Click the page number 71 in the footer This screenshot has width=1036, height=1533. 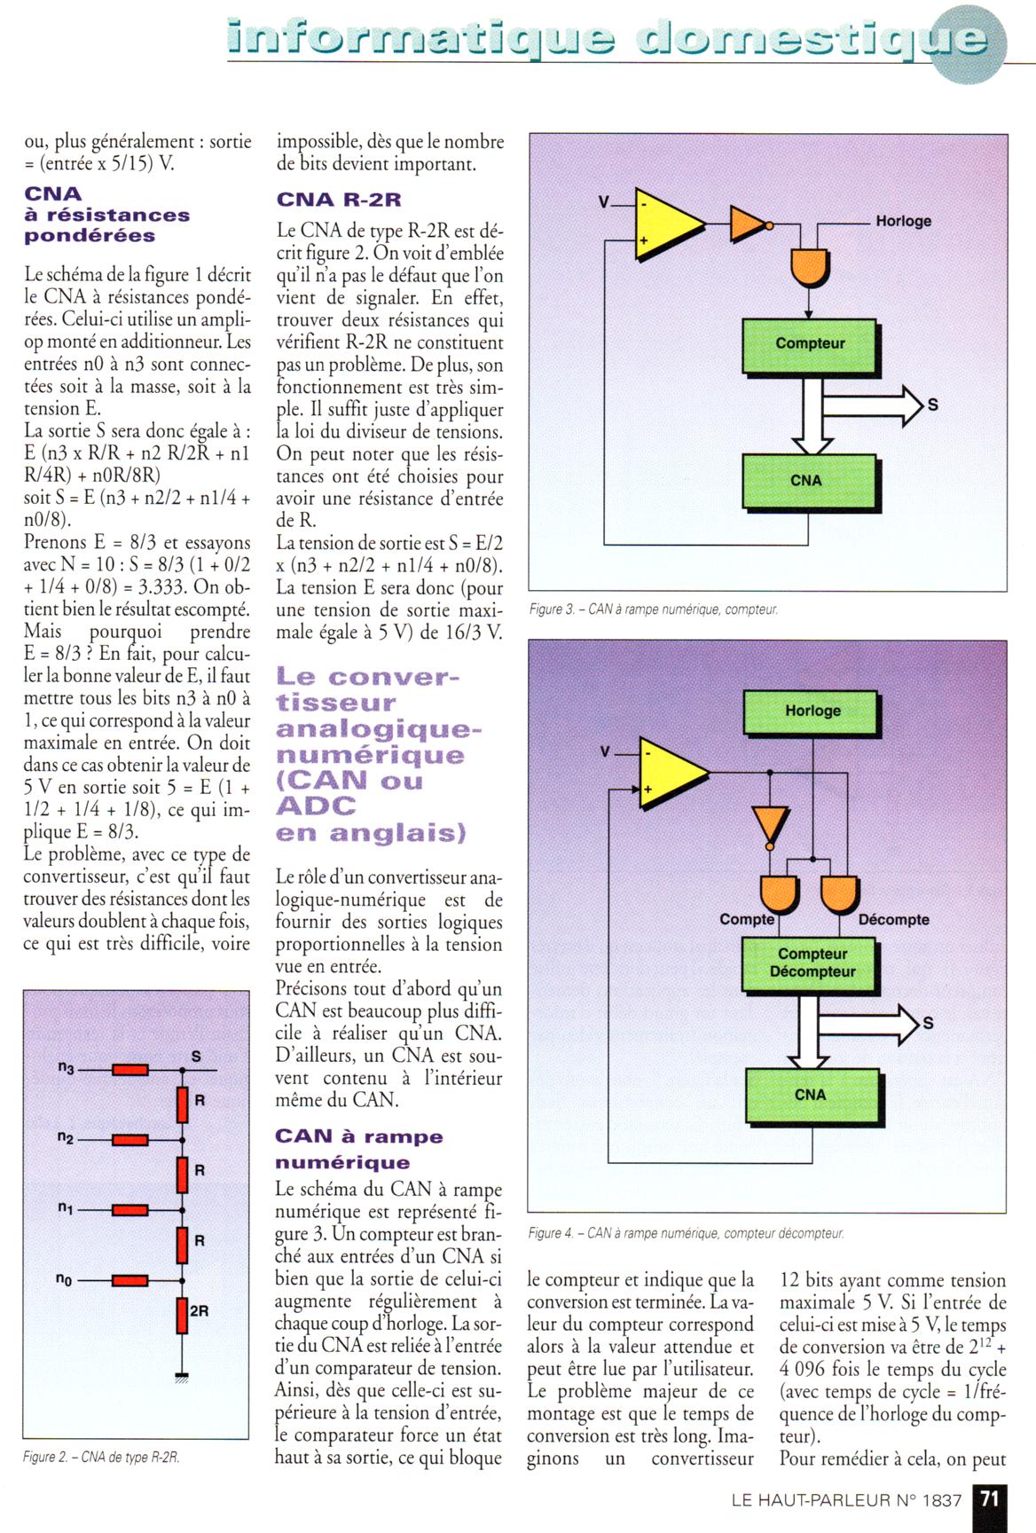click(989, 1499)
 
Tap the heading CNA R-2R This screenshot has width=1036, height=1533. click(339, 200)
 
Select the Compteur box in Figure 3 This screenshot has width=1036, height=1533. click(809, 344)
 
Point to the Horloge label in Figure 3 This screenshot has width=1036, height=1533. click(903, 221)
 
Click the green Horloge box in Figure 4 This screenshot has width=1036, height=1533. click(812, 711)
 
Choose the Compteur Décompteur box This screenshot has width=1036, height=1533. click(812, 963)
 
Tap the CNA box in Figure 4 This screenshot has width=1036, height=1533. click(812, 1096)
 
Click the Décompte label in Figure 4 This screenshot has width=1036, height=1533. click(893, 920)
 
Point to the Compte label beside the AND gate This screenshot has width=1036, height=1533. click(746, 920)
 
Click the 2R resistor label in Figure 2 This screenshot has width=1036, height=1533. click(200, 1310)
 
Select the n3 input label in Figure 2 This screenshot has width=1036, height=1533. click(66, 1067)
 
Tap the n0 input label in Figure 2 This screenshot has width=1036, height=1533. click(64, 1279)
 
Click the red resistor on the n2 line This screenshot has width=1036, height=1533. click(129, 1139)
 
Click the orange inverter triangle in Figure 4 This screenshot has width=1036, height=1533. click(769, 823)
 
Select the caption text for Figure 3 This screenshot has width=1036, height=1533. click(654, 609)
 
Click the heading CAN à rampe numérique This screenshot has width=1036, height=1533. click(358, 1149)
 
